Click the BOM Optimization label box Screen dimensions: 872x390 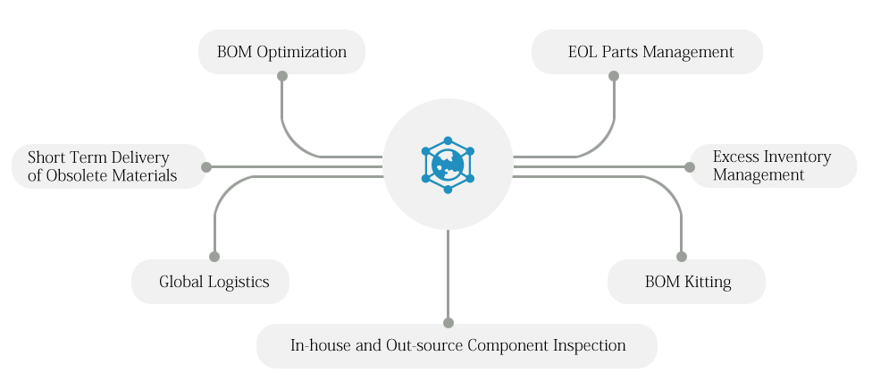(281, 52)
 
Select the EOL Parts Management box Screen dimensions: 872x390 (647, 52)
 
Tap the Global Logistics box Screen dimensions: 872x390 (210, 282)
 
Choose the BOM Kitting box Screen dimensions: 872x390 (686, 282)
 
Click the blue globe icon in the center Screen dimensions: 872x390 (448, 165)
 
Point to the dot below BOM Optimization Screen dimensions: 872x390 (282, 76)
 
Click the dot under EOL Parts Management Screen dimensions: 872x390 (614, 76)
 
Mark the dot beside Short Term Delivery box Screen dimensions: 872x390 (206, 167)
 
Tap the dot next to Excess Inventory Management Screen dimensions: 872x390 (690, 167)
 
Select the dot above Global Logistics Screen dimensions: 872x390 (214, 257)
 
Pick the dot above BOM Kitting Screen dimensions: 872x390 (681, 257)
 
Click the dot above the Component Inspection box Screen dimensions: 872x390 (449, 323)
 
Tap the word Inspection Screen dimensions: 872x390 (589, 346)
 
